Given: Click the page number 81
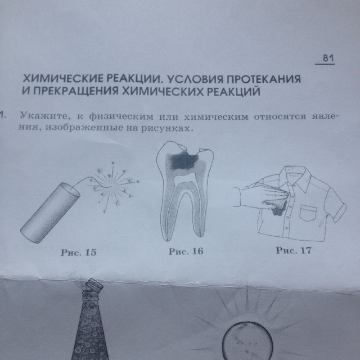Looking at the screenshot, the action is click(x=328, y=58).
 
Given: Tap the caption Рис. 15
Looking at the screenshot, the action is click(x=79, y=253).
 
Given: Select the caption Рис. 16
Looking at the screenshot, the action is click(x=186, y=251).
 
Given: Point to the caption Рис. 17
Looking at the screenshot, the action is click(x=294, y=250).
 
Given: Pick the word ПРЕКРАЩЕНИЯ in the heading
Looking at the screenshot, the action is click(x=75, y=91).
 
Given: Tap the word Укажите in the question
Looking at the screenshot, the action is click(x=43, y=115).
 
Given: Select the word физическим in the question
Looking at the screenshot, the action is click(x=121, y=116).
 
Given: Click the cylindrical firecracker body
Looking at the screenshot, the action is click(x=50, y=213).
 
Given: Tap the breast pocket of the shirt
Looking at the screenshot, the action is click(x=308, y=213).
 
